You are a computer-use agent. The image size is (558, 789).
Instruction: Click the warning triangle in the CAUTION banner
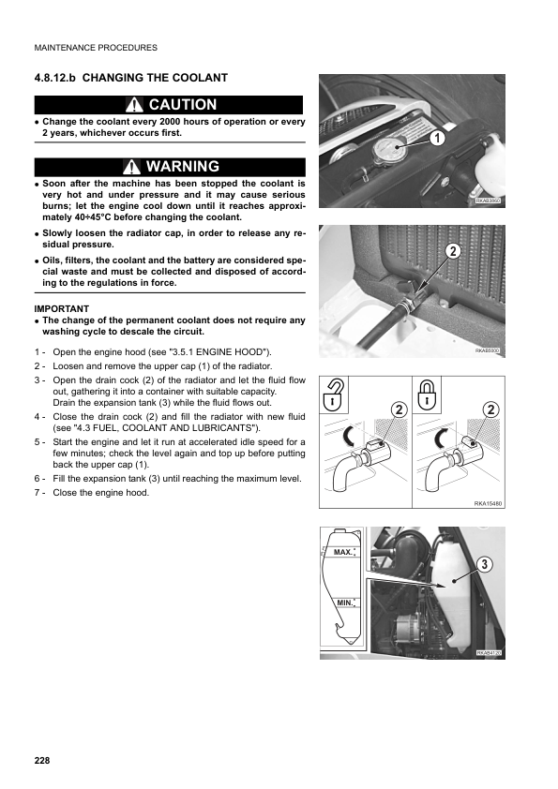[x=134, y=105]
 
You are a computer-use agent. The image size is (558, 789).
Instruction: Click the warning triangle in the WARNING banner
[x=131, y=167]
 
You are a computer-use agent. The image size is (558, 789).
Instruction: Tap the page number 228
[x=42, y=760]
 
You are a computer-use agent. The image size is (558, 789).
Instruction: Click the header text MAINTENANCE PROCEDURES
[x=96, y=48]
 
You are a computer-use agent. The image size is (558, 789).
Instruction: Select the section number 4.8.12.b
[x=55, y=78]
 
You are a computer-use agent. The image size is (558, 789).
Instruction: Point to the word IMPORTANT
[x=62, y=309]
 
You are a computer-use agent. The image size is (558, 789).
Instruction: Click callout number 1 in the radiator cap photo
[x=437, y=138]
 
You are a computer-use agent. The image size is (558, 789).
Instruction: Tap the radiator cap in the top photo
[x=385, y=149]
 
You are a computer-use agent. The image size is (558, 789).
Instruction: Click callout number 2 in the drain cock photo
[x=454, y=251]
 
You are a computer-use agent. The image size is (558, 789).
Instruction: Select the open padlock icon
[x=333, y=396]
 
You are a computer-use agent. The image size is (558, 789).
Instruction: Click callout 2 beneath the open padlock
[x=399, y=410]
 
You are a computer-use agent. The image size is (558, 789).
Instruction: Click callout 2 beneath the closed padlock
[x=490, y=410]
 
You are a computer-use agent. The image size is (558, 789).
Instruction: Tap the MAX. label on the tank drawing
[x=343, y=553]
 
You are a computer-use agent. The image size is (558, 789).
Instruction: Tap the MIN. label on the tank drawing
[x=345, y=603]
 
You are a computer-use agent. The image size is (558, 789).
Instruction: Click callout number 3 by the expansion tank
[x=484, y=565]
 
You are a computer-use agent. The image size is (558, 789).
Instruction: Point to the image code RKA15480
[x=488, y=504]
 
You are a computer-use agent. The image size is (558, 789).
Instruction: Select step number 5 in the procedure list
[x=37, y=442]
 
